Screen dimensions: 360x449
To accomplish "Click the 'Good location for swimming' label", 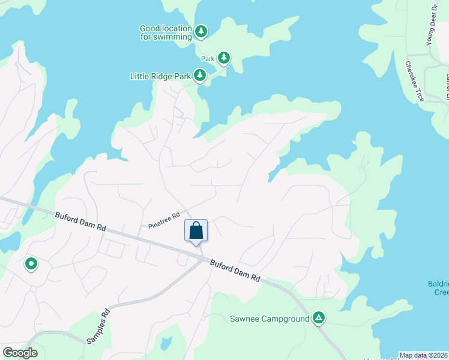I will coord(166,32).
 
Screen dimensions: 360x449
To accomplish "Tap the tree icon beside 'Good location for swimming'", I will coord(200,31).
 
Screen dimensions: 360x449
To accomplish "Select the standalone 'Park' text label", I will coord(208,59).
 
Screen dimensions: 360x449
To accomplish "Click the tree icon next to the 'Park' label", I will coord(224,58).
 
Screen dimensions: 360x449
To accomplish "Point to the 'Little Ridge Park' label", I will coord(160,76).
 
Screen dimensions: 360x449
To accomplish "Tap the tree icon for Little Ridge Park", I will coord(200,76).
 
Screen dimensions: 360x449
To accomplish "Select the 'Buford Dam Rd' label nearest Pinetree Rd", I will coord(80,221).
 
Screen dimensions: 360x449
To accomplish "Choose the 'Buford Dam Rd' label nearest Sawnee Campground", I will coord(235,270).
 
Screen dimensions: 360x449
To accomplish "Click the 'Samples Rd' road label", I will coord(98,326).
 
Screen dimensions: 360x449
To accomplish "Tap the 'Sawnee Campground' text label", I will coord(270,318).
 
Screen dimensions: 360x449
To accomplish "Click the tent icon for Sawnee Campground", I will coord(319,318).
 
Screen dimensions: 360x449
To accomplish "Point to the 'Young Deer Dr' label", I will coord(430,24).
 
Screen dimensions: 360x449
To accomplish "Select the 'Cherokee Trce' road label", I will coord(414,81).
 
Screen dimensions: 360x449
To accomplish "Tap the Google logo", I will coord(20,352).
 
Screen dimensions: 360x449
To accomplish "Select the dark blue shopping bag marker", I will coord(196,230).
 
